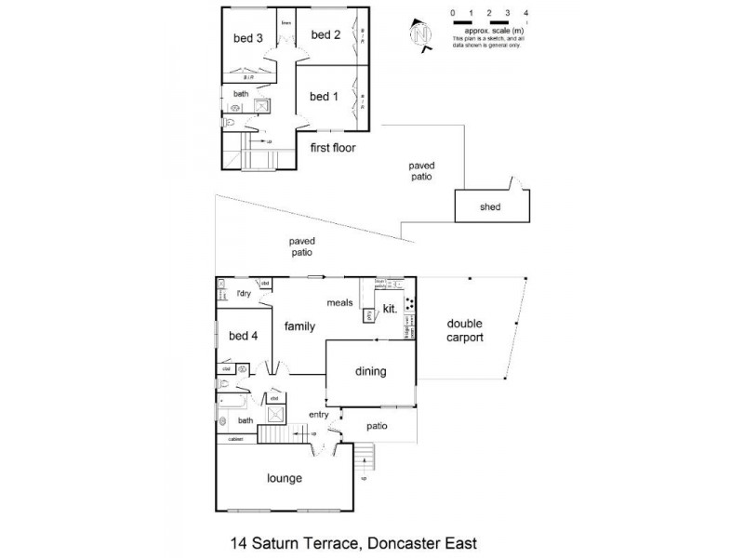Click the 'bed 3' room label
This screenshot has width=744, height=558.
247,38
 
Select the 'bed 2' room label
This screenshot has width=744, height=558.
325,35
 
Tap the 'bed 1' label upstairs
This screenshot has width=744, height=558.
324,97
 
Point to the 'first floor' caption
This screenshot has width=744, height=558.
333,148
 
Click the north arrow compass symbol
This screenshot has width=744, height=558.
423,33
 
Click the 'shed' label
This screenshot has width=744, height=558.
490,207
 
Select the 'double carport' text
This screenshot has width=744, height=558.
465,331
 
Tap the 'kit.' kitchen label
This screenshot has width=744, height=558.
391,308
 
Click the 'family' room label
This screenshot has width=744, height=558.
299,326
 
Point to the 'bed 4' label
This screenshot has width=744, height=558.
242,336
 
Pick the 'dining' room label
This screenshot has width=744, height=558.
370,372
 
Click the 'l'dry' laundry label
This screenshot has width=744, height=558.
244,295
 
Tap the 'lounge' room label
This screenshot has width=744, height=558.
285,479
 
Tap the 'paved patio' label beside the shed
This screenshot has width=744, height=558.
421,171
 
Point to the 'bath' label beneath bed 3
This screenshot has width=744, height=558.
240,94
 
